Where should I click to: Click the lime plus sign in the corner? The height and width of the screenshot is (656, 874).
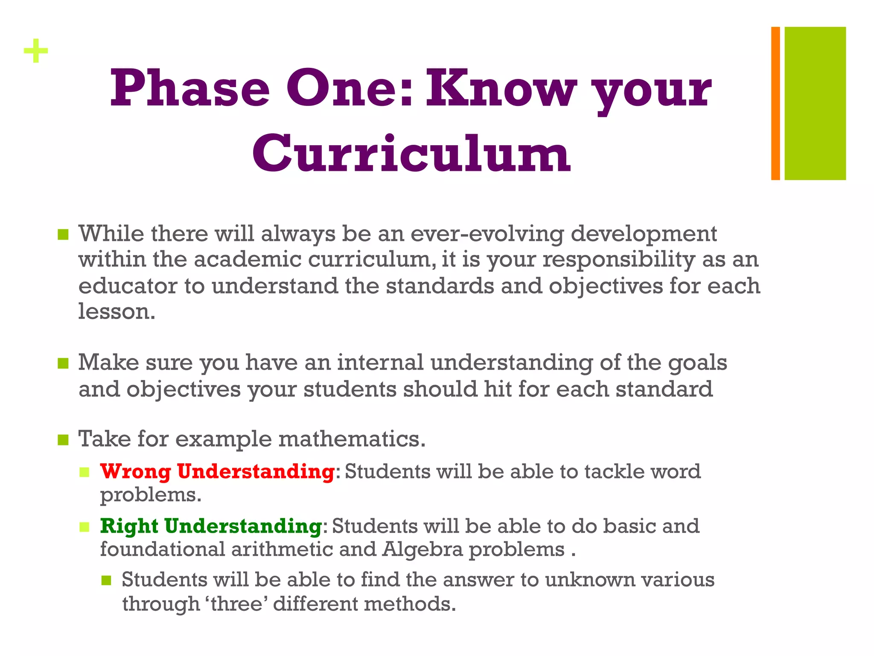pyautogui.click(x=36, y=51)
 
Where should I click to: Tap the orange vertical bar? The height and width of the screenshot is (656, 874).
pyautogui.click(x=775, y=103)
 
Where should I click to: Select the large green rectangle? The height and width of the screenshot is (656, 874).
pyautogui.click(x=815, y=103)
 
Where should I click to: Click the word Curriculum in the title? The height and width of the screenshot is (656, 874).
pyautogui.click(x=411, y=154)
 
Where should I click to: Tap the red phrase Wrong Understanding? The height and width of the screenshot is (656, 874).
pyautogui.click(x=217, y=471)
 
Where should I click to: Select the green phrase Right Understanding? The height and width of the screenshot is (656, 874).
pyautogui.click(x=211, y=526)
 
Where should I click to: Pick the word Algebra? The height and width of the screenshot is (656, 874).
pyautogui.click(x=422, y=549)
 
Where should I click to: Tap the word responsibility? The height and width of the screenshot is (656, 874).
pyautogui.click(x=619, y=260)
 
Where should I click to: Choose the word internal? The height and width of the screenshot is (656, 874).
pyautogui.click(x=380, y=363)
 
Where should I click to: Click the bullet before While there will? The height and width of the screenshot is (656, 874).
pyautogui.click(x=63, y=234)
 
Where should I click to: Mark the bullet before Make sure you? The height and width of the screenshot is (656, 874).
pyautogui.click(x=63, y=363)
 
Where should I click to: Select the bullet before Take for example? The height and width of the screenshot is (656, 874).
pyautogui.click(x=63, y=439)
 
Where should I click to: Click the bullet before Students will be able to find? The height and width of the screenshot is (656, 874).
pyautogui.click(x=106, y=580)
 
